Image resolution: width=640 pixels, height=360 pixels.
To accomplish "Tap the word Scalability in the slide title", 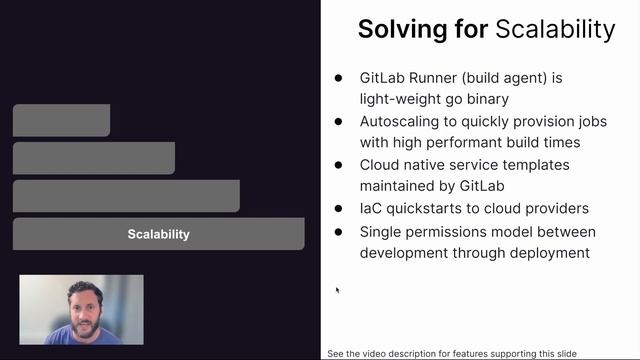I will [x=555, y=29].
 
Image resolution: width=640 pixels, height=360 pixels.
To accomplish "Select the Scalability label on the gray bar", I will [x=158, y=234].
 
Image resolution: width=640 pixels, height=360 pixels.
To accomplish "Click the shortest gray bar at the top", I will [x=61, y=120].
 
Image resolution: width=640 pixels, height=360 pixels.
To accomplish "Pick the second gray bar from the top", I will [x=94, y=158].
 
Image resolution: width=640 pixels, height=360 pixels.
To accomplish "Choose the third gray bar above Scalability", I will [x=126, y=196].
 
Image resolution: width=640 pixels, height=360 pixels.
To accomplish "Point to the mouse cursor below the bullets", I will [x=337, y=290].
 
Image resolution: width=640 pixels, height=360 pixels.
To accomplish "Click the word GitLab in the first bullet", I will [x=384, y=77].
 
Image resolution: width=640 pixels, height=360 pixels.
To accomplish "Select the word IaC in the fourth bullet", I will [x=372, y=208].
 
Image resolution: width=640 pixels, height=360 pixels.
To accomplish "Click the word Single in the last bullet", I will [x=383, y=231].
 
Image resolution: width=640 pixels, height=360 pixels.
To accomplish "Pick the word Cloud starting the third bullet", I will [x=381, y=165].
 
